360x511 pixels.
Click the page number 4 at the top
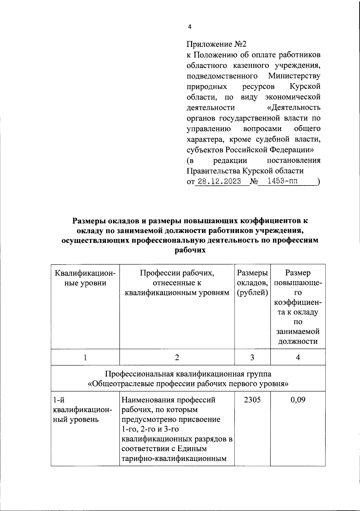click(x=189, y=27)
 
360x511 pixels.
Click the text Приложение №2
click(x=216, y=44)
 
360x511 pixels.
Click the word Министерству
click(x=294, y=76)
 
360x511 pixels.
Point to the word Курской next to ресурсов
click(x=305, y=86)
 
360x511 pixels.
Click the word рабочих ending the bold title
click(x=190, y=250)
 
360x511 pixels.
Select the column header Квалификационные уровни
click(x=85, y=278)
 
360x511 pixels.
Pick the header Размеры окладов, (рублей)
click(x=252, y=283)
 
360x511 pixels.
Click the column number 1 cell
click(x=85, y=357)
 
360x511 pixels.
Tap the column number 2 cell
click(x=177, y=357)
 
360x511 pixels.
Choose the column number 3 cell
click(x=252, y=357)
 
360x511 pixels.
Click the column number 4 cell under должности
click(x=298, y=357)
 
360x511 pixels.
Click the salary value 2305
click(x=252, y=400)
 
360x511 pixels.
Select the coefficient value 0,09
click(x=298, y=400)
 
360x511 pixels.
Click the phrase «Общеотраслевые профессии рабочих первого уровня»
click(x=188, y=384)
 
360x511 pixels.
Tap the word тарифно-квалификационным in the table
click(x=173, y=458)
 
